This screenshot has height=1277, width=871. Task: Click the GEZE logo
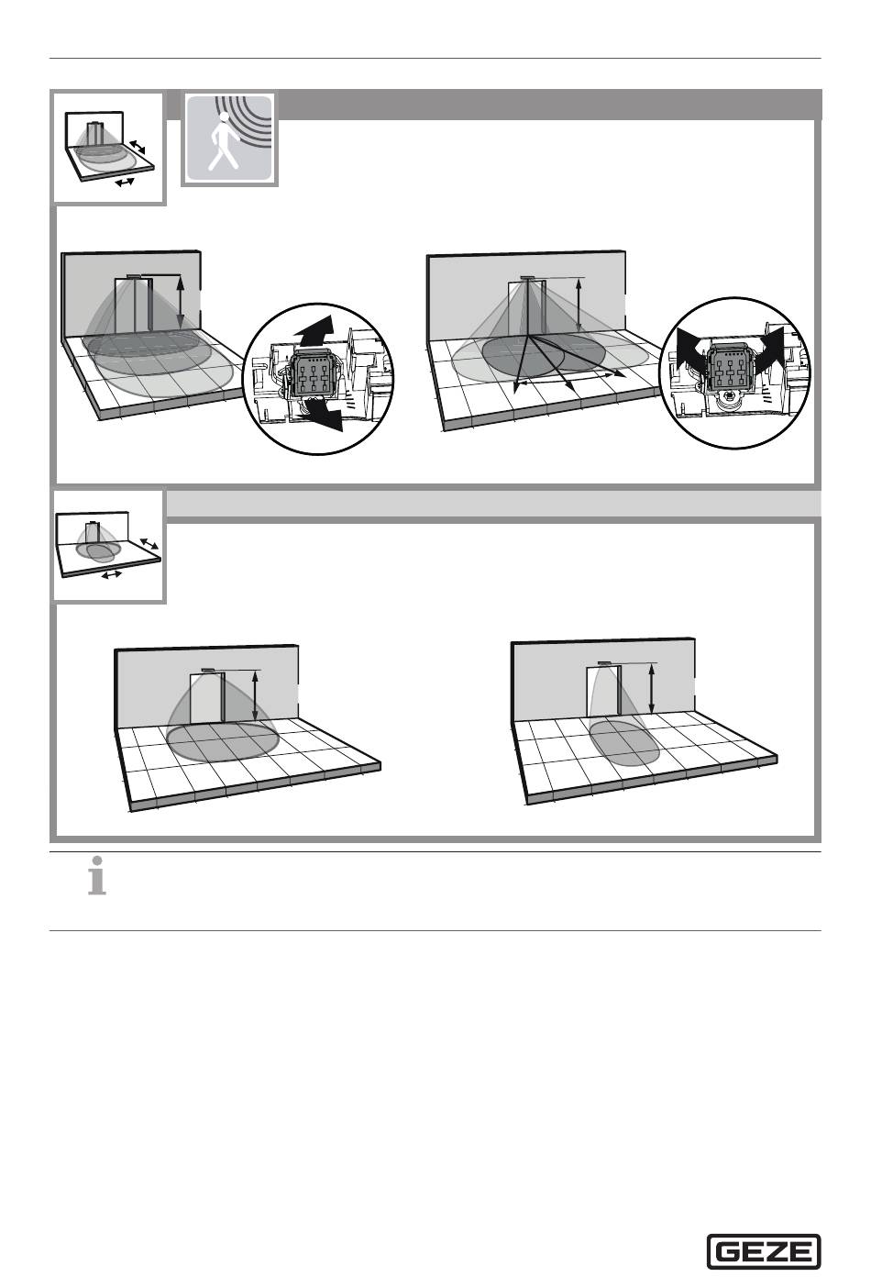(763, 1251)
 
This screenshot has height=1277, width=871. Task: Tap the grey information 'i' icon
(97, 876)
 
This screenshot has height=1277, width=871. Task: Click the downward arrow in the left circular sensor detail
(322, 414)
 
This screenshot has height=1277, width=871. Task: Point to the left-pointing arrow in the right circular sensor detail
(691, 349)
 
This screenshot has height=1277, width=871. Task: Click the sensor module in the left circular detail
(312, 373)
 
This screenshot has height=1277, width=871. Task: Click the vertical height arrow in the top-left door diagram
(181, 302)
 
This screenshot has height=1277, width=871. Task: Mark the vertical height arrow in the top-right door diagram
(579, 305)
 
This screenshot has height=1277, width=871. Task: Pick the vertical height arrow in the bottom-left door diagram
(255, 695)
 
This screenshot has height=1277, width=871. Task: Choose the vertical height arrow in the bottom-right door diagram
(652, 689)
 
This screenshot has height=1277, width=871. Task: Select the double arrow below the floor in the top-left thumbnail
(124, 183)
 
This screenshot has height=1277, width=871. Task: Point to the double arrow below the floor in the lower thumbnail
(111, 574)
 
